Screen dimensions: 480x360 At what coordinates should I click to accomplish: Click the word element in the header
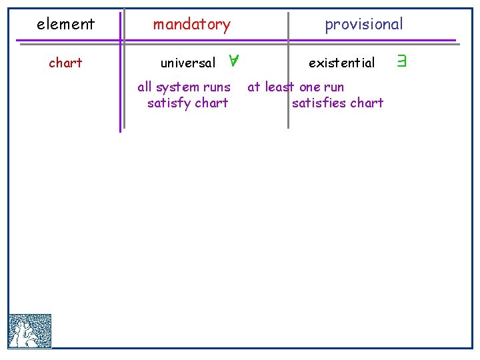pyautogui.click(x=65, y=25)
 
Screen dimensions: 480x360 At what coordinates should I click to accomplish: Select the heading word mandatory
pyautogui.click(x=191, y=25)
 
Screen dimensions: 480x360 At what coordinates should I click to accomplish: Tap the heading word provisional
pyautogui.click(x=363, y=25)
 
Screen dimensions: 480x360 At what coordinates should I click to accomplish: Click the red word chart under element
pyautogui.click(x=65, y=63)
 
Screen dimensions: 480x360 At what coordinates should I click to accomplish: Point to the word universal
pyautogui.click(x=188, y=63)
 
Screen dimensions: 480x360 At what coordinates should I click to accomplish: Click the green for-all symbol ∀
pyautogui.click(x=233, y=62)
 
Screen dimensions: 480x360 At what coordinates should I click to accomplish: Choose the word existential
pyautogui.click(x=341, y=63)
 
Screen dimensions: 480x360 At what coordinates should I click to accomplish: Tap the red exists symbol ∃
pyautogui.click(x=401, y=63)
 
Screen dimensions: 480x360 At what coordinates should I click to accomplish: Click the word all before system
pyautogui.click(x=145, y=87)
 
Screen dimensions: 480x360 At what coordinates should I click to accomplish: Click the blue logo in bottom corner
pyautogui.click(x=30, y=331)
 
